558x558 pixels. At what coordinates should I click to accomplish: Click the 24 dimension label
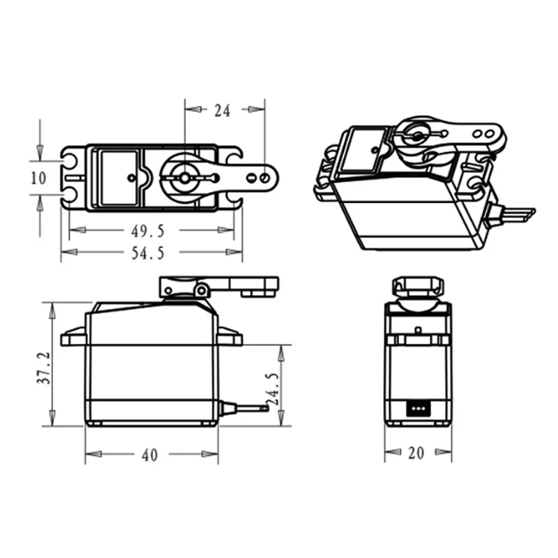(223, 111)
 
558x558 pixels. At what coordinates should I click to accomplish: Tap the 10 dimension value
(38, 178)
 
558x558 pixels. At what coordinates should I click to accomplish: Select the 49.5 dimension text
(148, 232)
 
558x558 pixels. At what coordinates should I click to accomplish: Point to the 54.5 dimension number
(148, 253)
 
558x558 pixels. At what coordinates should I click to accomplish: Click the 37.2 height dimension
(44, 368)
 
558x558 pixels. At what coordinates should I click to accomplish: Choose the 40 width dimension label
(149, 455)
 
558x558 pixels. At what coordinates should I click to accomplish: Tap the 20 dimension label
(416, 453)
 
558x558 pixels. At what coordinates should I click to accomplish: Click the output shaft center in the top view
(184, 178)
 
